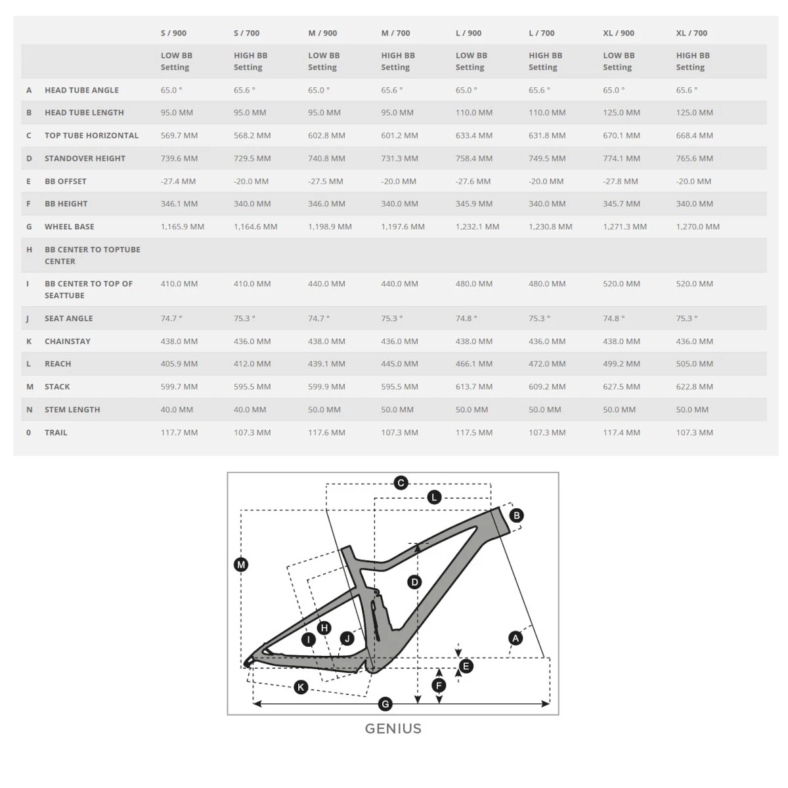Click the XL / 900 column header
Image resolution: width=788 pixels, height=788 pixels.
[619, 33]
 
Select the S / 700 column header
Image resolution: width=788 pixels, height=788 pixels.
[246, 33]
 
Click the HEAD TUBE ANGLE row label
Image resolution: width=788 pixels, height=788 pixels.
[81, 90]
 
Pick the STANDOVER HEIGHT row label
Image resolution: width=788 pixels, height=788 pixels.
[85, 158]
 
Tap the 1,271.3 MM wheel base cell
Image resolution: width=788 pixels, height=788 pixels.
[624, 227]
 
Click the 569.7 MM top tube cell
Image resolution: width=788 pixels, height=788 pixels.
[179, 135]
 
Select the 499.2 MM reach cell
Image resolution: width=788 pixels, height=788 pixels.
[621, 364]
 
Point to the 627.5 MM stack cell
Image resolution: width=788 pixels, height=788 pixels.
[621, 387]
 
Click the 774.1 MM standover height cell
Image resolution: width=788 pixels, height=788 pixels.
[621, 158]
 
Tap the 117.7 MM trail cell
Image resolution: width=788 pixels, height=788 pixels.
[179, 433]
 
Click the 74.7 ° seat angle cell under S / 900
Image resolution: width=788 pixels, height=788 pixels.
[171, 318]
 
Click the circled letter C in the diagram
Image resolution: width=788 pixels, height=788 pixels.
[401, 483]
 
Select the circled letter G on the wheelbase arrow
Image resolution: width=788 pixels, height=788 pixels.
[385, 704]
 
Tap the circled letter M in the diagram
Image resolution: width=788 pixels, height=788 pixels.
[241, 565]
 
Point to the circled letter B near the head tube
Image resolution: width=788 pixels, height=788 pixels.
[517, 515]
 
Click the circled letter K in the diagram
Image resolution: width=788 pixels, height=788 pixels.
[301, 687]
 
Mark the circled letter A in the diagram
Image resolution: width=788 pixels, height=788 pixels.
[515, 638]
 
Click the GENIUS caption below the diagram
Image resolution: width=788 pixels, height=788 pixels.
[393, 728]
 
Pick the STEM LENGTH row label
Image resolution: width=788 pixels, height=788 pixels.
[72, 410]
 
